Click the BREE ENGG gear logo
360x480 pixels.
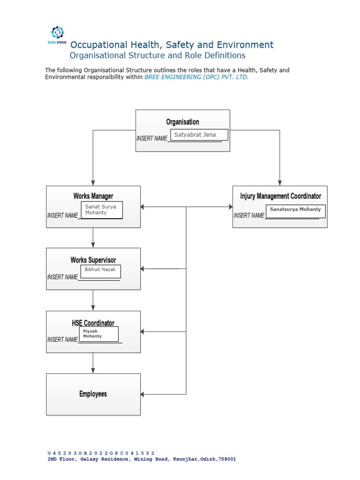[57, 33]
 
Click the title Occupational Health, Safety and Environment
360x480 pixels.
[172, 45]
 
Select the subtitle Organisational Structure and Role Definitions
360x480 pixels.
[157, 55]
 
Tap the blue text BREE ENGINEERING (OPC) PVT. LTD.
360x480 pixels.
[196, 77]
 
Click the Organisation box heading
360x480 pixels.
[182, 122]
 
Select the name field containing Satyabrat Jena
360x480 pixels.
[199, 135]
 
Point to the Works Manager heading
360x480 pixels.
[93, 196]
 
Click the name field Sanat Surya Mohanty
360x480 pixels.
[102, 210]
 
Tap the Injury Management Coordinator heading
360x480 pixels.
[280, 196]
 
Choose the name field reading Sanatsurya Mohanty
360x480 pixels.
[295, 211]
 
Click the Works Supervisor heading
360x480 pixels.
[93, 260]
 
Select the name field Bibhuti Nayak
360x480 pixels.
[101, 271]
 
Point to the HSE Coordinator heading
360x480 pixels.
[93, 323]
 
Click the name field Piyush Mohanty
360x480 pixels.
[98, 334]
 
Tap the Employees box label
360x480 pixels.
[93, 394]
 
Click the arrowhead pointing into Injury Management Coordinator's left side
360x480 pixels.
[230, 207]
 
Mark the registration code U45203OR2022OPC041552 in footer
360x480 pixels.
[101, 453]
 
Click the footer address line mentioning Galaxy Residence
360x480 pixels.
[142, 459]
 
